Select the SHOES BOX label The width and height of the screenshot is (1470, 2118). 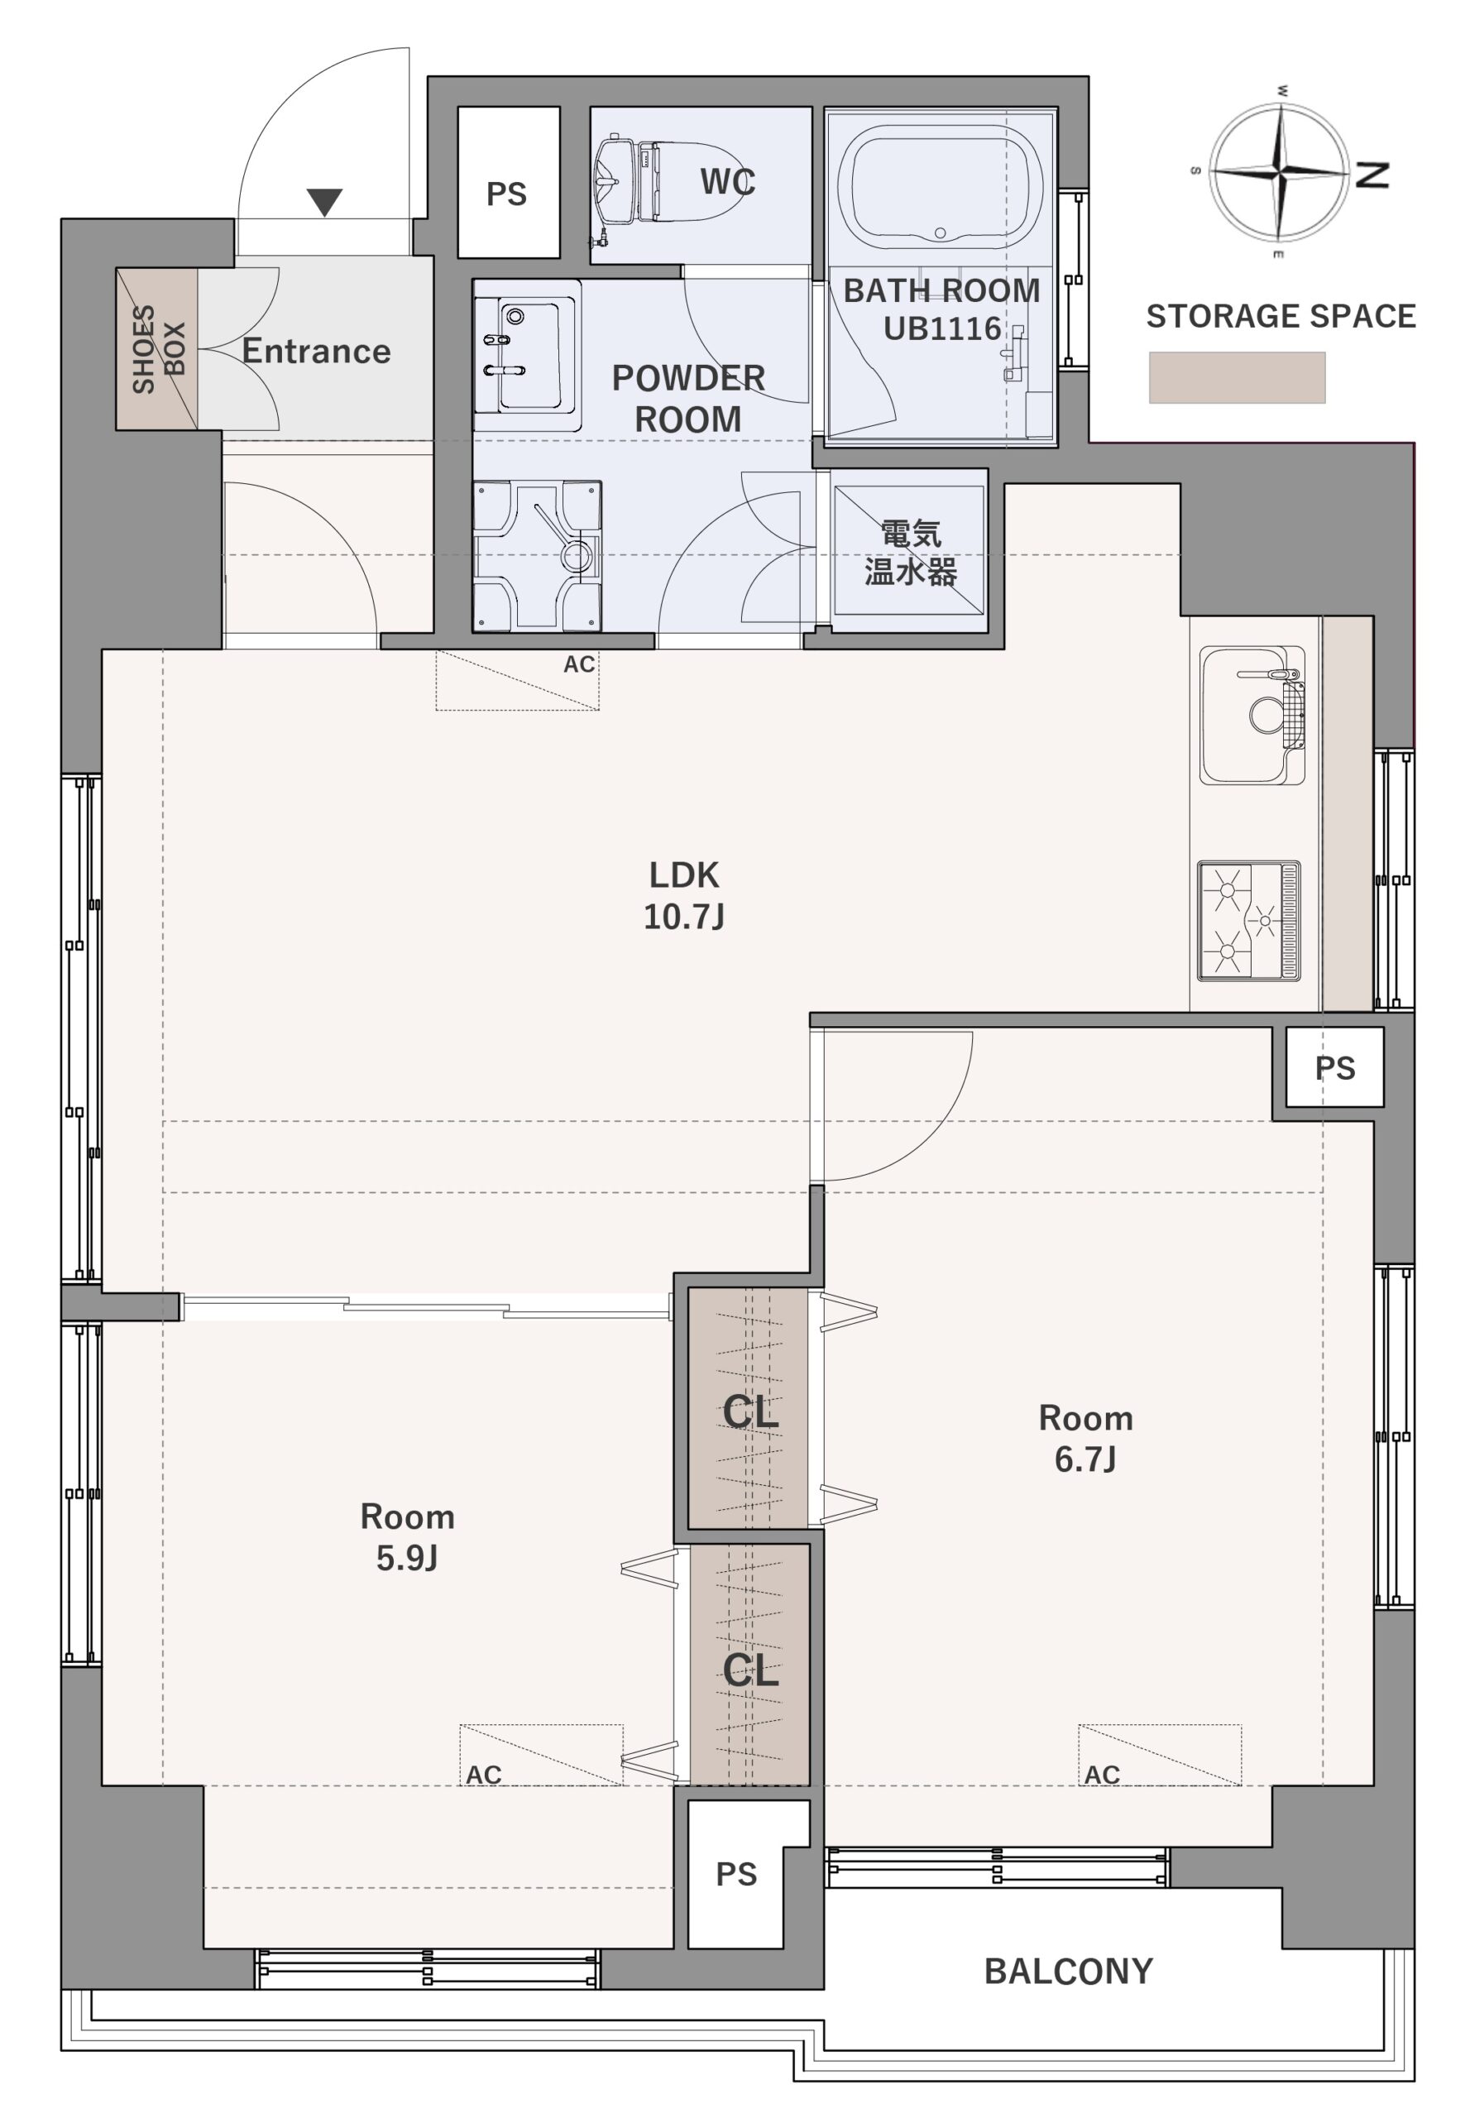point(157,349)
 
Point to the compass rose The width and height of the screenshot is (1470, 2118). point(1280,171)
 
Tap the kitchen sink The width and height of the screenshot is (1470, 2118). point(1252,715)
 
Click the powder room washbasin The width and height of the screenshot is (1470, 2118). point(526,354)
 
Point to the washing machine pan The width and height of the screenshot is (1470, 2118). point(537,555)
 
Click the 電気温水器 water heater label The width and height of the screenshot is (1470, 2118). point(910,553)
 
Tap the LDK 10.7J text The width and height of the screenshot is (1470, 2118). point(683,894)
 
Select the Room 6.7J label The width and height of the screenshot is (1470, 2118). point(1086,1438)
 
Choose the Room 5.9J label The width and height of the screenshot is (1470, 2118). point(407,1536)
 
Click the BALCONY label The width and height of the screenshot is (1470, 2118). point(1069,1972)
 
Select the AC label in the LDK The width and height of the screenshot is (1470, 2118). point(579,664)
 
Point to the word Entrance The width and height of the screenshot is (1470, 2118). point(316,351)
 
